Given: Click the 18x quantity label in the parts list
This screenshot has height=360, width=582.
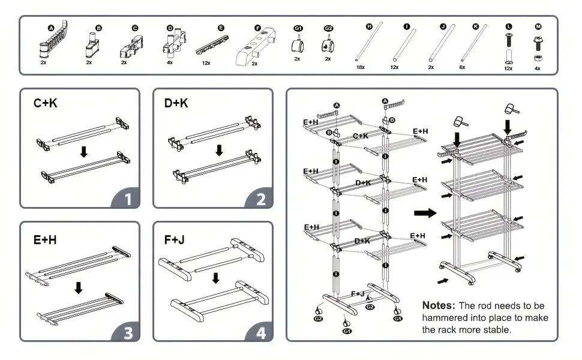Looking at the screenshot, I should click(x=361, y=68).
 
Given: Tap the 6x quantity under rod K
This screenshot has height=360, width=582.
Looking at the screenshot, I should click(x=463, y=68).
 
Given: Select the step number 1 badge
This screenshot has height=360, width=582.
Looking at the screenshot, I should click(x=126, y=199).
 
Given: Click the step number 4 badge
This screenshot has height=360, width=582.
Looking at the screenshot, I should click(x=260, y=332).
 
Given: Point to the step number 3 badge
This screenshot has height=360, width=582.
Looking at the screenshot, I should click(x=127, y=332).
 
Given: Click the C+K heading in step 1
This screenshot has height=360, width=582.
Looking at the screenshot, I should click(x=46, y=103).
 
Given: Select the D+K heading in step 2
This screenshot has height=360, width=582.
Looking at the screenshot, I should click(x=176, y=103).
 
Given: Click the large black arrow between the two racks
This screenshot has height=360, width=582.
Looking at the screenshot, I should click(x=425, y=212).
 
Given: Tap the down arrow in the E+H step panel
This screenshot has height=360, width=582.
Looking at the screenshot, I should click(x=78, y=287).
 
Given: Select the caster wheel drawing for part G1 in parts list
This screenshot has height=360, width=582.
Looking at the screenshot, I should click(x=298, y=46).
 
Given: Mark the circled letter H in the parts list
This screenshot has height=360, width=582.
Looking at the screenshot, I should click(x=369, y=26).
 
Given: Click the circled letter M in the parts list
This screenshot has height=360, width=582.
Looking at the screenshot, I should click(x=538, y=26).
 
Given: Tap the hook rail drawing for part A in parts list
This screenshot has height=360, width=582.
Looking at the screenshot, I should click(x=53, y=41).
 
